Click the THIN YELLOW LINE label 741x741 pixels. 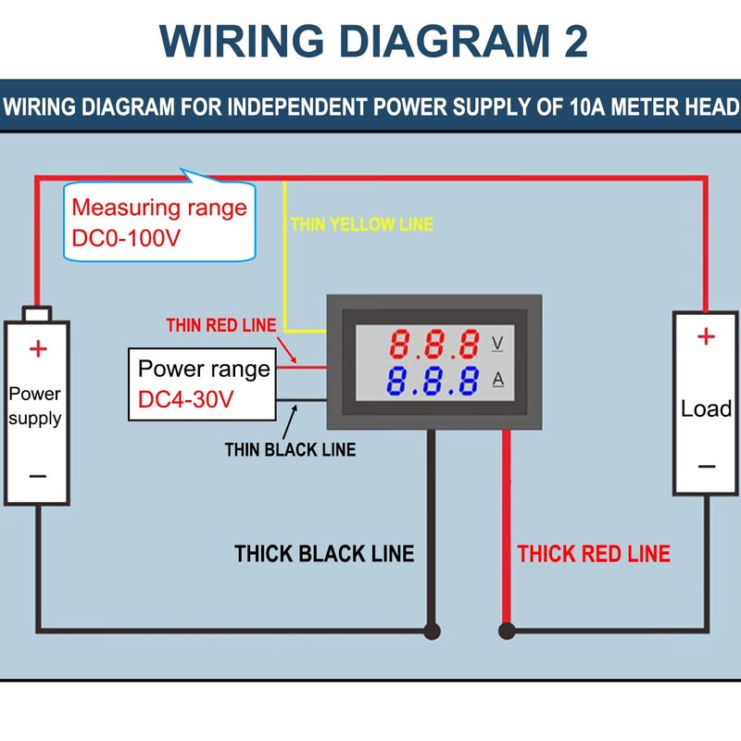pos(361,224)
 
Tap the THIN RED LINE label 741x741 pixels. pos(220,325)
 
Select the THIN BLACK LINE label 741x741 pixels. pos(290,450)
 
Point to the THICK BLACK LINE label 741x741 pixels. pos(324,554)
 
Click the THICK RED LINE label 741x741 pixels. pos(594,554)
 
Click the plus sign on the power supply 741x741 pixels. pos(38,349)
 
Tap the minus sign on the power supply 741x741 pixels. pos(38,476)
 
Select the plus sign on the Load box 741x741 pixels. pos(706,336)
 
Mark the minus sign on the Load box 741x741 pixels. pos(706,466)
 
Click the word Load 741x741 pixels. pos(706,408)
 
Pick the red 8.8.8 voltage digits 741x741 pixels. pos(434,345)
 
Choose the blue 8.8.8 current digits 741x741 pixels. pos(434,381)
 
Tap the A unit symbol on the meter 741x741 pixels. pos(497,381)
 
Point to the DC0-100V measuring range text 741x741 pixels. pos(127,238)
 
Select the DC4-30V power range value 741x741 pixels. pos(184,401)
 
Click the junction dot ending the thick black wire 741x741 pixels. pos(431,632)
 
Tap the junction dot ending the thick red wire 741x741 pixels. pos(507,632)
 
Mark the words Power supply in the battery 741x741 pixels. pos(35,406)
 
